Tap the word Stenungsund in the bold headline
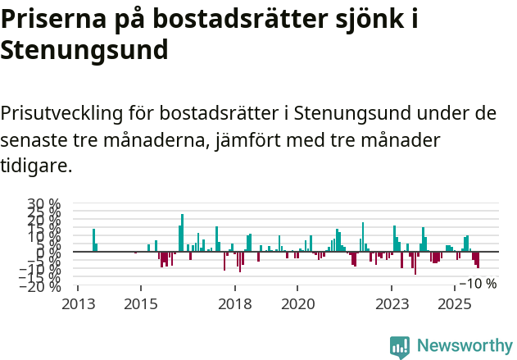[84, 49]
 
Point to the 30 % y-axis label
[43, 204]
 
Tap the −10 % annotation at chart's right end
[478, 284]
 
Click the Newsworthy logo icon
[400, 346]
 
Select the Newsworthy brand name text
[464, 346]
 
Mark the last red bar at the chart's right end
[478, 260]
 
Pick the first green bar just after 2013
[93, 240]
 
